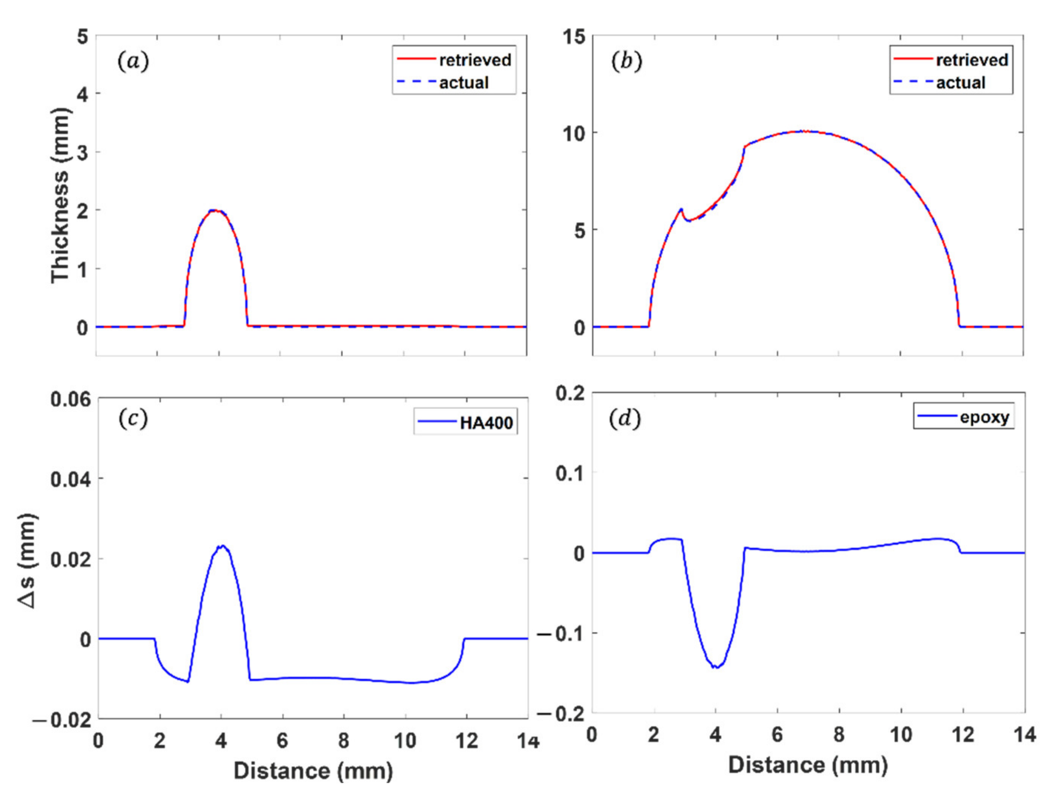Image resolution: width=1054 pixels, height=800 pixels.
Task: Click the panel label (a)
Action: (x=133, y=61)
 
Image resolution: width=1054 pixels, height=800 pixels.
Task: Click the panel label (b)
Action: (x=626, y=61)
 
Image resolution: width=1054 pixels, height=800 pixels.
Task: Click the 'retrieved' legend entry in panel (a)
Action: (x=475, y=60)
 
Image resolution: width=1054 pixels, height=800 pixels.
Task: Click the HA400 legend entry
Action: (x=486, y=423)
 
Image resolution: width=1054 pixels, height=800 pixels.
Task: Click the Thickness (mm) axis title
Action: (x=61, y=195)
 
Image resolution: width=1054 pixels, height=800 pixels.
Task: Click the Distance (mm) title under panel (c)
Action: (x=313, y=770)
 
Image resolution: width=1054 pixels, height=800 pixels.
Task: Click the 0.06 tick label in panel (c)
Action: (x=70, y=398)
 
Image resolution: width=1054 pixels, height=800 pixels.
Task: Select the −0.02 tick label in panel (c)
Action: (x=62, y=719)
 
